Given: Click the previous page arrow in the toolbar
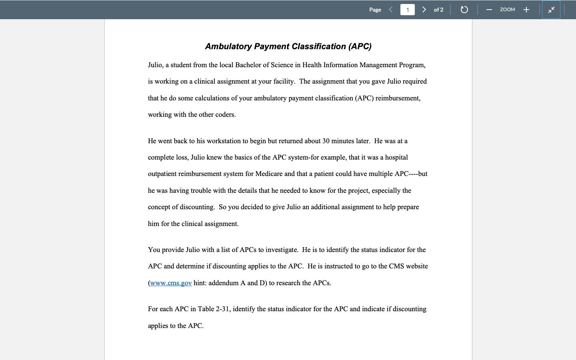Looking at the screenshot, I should [391, 10].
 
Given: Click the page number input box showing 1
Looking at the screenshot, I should [407, 10].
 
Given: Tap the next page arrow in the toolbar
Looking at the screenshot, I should [424, 10].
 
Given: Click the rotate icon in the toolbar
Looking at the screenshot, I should [464, 10].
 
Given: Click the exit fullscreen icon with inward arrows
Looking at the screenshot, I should [551, 10].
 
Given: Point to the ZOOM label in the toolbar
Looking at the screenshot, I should [507, 10].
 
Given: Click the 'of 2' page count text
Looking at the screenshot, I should [438, 10].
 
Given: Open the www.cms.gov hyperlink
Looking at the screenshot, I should [171, 283].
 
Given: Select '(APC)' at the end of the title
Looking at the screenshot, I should [360, 46].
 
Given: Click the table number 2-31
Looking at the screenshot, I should [222, 309].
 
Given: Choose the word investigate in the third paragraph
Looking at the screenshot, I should [282, 250].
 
